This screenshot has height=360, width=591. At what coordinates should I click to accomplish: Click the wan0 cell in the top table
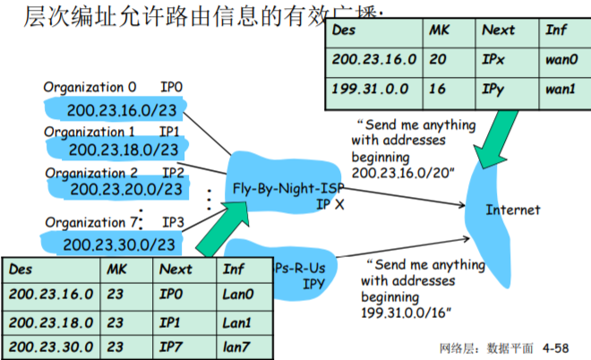(561, 59)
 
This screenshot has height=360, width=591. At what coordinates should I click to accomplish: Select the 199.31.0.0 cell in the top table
(367, 90)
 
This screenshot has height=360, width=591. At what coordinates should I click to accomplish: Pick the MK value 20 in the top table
(437, 59)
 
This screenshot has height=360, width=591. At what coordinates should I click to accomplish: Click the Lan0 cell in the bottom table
(238, 293)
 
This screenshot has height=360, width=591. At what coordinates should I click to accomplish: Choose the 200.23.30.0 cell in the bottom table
(50, 346)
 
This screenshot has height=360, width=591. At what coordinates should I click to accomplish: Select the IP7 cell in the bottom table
(176, 346)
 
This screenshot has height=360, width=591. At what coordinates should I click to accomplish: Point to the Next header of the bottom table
(176, 268)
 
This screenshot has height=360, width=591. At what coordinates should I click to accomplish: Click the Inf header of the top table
(556, 30)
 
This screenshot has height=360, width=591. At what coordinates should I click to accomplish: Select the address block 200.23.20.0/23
(125, 189)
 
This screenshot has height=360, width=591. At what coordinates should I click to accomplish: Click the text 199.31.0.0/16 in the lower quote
(406, 310)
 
